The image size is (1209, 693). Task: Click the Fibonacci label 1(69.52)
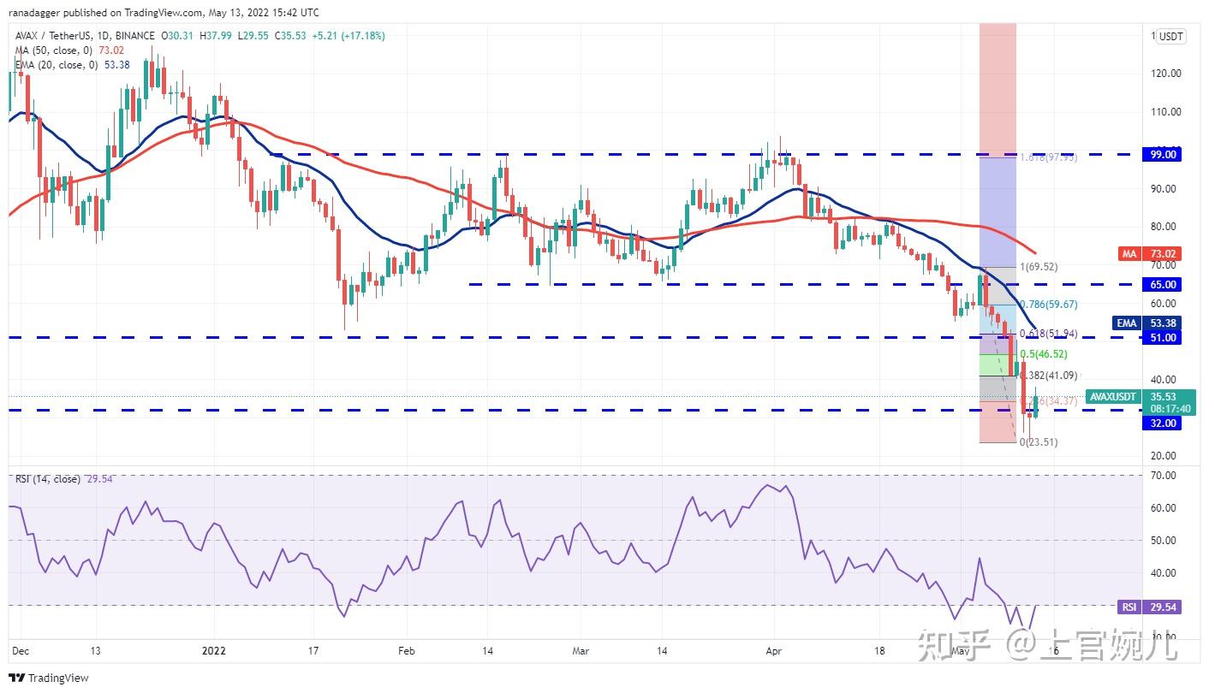1038,267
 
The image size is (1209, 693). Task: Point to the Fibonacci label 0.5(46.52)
1043,353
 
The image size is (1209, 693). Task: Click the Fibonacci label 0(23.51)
1038,442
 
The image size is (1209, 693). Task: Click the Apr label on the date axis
773,650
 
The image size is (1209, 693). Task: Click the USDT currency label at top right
1170,36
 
